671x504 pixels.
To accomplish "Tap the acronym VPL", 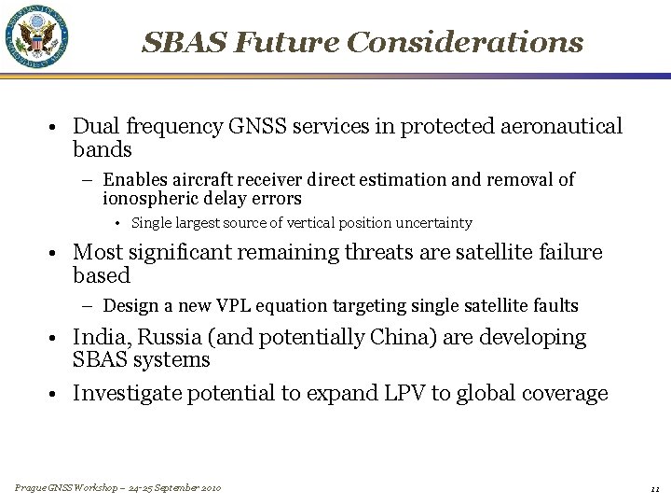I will point(257,306).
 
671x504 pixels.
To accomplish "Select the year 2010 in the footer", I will point(209,488).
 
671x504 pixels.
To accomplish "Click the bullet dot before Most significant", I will point(57,253).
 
